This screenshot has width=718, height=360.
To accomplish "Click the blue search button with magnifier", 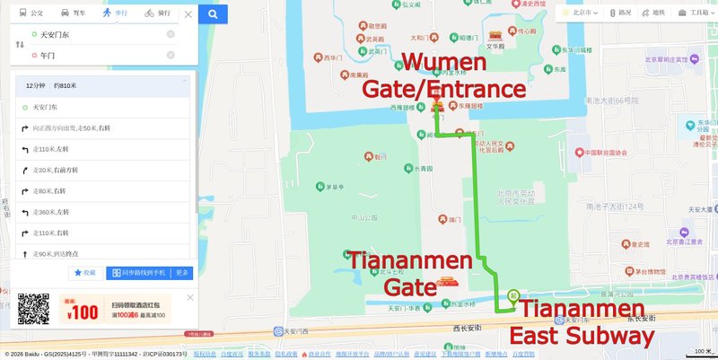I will click(x=213, y=13).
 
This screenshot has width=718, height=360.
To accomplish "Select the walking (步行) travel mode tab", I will click(x=114, y=13).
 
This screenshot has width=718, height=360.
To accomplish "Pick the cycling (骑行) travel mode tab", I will click(x=157, y=13).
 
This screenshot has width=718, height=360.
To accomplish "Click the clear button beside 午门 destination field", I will click(x=171, y=56).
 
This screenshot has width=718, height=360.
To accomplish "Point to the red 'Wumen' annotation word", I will click(x=443, y=64).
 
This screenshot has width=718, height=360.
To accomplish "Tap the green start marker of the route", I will click(x=513, y=294).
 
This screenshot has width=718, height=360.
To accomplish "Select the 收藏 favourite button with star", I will click(x=84, y=273).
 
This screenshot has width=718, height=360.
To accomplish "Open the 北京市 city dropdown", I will click(x=586, y=13).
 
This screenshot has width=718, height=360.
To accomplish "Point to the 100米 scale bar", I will click(x=701, y=351).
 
